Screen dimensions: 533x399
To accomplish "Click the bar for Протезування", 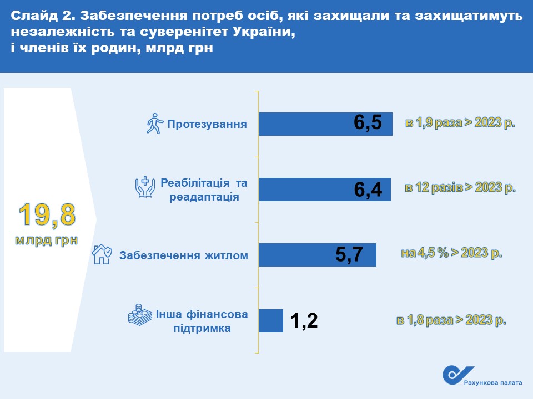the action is coord(325,124).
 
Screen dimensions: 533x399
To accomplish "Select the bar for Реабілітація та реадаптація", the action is coord(325,190).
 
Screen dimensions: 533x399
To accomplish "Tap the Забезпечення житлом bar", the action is coord(318,255).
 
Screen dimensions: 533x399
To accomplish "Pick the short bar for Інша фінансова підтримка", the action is coord(271,321).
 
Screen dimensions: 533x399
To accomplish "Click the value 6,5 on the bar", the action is coord(368,122).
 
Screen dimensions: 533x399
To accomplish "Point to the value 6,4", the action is coord(368,190).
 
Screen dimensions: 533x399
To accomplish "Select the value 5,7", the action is coord(349,254).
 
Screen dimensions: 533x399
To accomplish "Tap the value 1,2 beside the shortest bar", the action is coord(304,320).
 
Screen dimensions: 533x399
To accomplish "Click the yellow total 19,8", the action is coord(47,215).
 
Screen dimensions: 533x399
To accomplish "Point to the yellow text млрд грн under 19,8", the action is coord(47,240).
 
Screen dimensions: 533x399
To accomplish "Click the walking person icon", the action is coord(155,124).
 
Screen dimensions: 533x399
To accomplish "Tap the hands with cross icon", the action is coord(145,187).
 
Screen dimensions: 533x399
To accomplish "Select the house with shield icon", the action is coord(102,254).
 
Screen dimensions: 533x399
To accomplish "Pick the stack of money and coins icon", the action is coord(140,315).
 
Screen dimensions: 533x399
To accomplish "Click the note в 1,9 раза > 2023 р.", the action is coord(460,123).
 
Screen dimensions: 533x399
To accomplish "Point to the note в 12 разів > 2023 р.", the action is coord(460,188).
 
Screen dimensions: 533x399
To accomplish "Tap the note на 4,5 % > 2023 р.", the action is coord(451,253).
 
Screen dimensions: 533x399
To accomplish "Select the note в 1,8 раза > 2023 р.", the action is coord(451,320).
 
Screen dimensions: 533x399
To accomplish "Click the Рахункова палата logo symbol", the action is coord(457,375).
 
